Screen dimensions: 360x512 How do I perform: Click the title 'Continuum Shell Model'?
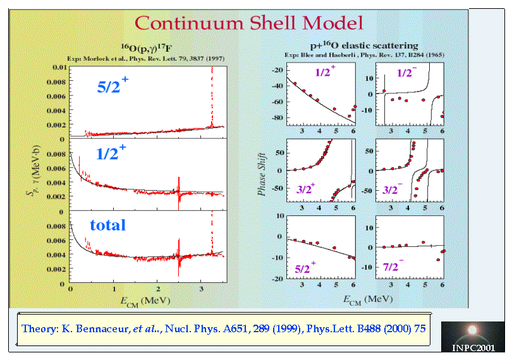(248, 24)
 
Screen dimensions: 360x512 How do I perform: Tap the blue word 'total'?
(107, 225)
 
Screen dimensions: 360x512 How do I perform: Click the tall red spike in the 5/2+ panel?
(212, 95)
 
